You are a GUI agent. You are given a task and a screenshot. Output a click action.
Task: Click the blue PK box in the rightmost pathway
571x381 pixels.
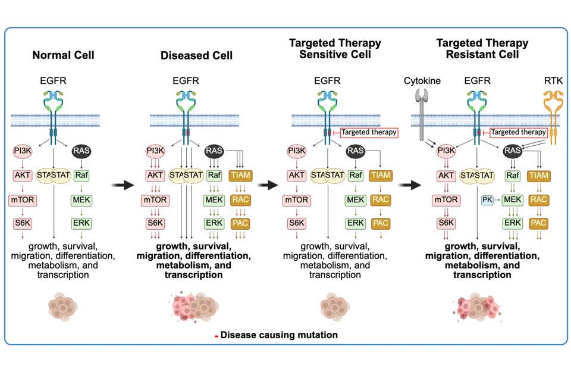click(487, 201)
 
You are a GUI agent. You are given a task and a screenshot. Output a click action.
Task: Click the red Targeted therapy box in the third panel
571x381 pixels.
click(368, 133)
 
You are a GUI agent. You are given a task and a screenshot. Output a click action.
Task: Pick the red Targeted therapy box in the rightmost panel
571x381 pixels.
click(517, 133)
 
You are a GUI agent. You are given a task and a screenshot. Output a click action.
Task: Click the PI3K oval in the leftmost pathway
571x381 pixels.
click(23, 151)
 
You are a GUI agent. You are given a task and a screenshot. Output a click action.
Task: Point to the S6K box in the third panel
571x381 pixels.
click(297, 224)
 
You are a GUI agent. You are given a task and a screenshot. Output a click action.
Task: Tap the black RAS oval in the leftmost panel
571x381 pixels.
click(81, 151)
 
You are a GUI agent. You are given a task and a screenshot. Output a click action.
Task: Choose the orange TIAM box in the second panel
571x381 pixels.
click(240, 176)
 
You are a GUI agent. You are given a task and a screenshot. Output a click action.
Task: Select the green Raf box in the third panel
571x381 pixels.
click(356, 176)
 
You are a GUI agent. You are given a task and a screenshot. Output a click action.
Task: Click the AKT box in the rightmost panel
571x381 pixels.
click(446, 176)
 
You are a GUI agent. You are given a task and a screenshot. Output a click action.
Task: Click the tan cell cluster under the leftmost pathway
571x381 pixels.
click(63, 307)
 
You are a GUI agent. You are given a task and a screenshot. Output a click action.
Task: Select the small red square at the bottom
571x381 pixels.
click(217, 336)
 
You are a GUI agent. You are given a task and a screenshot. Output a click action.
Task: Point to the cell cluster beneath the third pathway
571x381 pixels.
click(334, 307)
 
